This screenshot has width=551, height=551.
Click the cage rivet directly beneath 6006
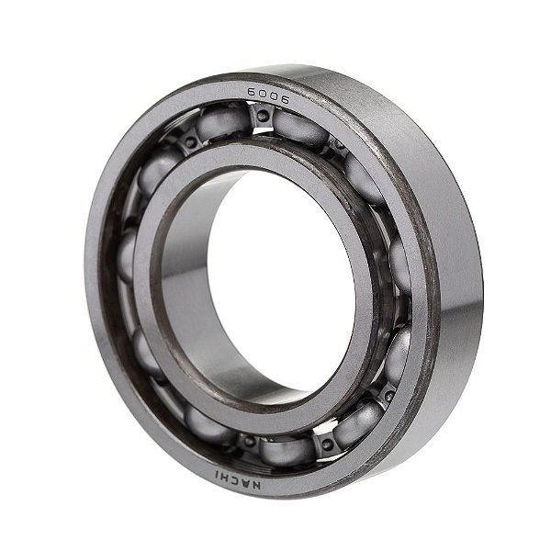click(263, 117)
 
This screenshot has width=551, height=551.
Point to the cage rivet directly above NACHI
click(248, 441)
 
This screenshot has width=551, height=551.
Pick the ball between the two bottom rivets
click(285, 450)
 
